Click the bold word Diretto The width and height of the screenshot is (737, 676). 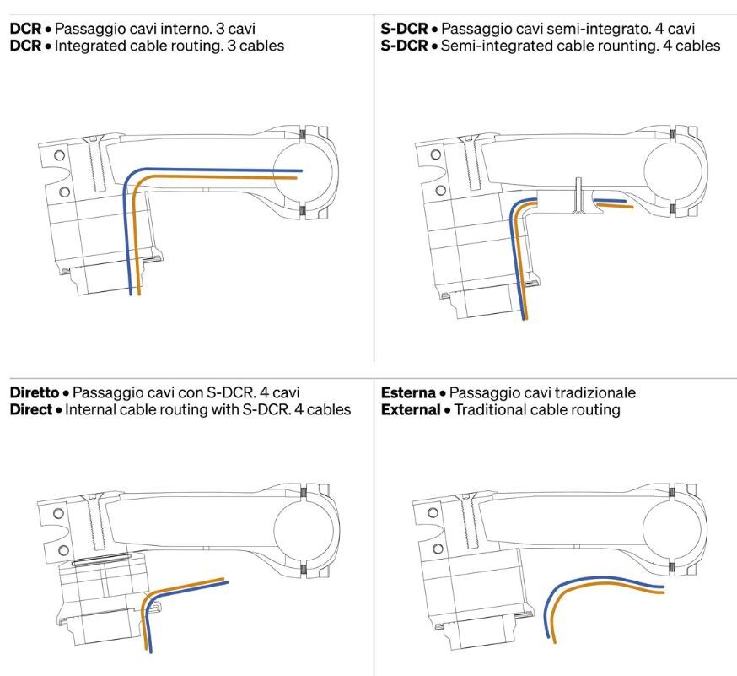point(35,392)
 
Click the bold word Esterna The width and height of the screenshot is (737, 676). point(409,392)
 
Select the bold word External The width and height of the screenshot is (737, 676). point(411,410)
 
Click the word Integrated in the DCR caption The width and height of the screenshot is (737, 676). point(90,46)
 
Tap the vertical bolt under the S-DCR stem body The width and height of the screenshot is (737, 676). point(578,197)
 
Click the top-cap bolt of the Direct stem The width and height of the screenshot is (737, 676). point(99,523)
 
